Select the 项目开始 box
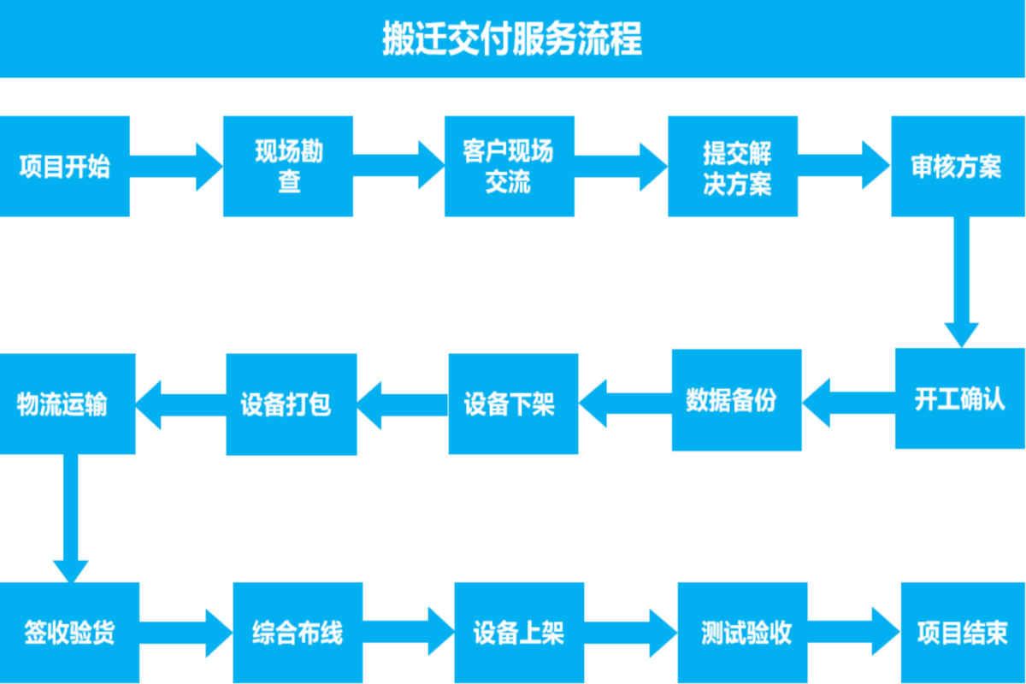coord(65,166)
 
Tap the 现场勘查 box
coord(288,166)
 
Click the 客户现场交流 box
coord(509,166)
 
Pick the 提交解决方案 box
coord(733,166)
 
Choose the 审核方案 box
coord(956,166)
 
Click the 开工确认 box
coord(959,398)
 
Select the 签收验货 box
coord(68,633)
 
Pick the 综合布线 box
coord(298,633)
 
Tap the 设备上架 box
coord(519,633)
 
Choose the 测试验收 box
coord(742,633)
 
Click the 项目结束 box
coord(963,633)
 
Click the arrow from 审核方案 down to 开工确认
coord(961,282)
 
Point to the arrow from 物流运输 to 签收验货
coord(70,517)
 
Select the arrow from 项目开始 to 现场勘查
coord(176,166)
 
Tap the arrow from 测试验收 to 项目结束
coord(853,633)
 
